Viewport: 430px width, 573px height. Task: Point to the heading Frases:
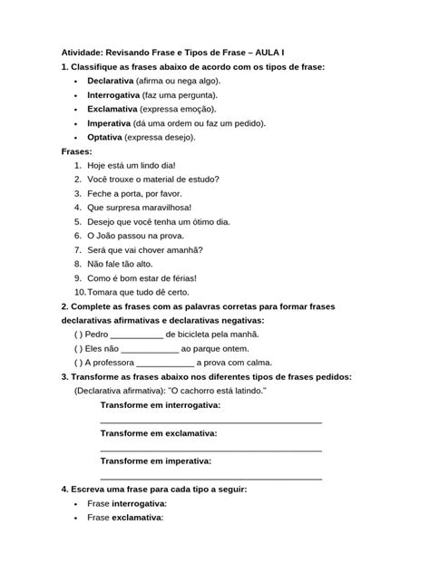point(77,151)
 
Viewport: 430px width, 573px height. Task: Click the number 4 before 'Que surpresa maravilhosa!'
point(79,207)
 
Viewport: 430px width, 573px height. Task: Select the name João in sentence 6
point(120,235)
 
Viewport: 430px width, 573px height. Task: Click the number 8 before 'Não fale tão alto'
point(79,263)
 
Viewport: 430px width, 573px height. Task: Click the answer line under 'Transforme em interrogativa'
point(210,421)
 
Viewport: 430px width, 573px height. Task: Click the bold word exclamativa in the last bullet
point(137,518)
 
